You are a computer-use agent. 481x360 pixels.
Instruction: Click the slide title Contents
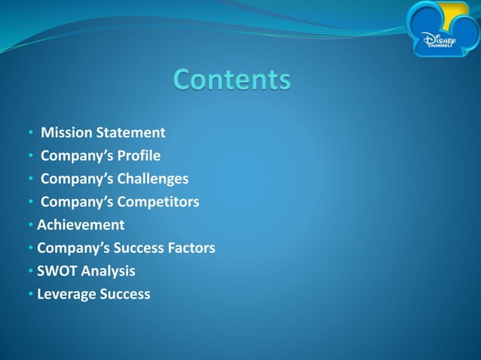point(231,79)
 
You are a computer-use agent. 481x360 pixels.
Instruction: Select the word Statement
point(130,133)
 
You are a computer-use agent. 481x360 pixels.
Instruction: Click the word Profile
point(136,156)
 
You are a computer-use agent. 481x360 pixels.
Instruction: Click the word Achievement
point(81,224)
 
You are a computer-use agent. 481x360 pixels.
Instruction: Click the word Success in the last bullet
point(125,294)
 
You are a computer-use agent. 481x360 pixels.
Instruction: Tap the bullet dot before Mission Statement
point(31,134)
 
